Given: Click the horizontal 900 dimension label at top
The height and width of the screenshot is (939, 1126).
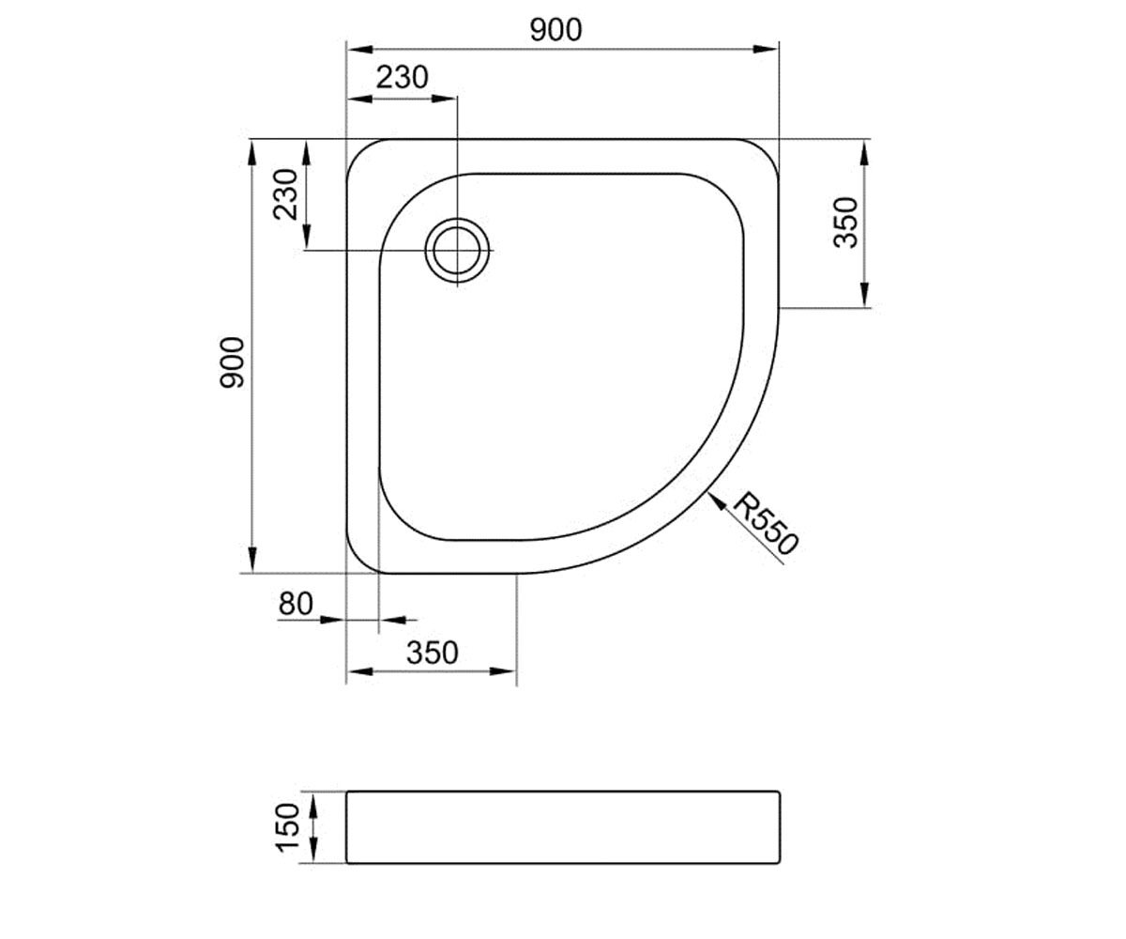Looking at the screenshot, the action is [x=556, y=30].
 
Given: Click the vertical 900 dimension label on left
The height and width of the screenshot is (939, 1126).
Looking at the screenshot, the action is [x=232, y=362].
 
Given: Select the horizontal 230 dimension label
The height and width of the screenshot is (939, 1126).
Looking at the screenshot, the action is [x=403, y=78].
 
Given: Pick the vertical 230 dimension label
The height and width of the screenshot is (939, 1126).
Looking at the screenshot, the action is [x=285, y=194].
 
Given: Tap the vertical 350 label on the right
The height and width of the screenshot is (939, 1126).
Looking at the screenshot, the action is [x=845, y=223].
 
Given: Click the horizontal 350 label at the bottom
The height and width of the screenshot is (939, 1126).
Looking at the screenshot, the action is [x=433, y=653].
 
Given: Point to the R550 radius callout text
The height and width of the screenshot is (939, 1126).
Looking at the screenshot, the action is [x=766, y=523].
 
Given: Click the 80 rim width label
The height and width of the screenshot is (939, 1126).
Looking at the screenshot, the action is [x=296, y=604].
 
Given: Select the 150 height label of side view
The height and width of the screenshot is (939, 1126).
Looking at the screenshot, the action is [x=287, y=828].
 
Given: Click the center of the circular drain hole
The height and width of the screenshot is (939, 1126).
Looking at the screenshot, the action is [x=457, y=251].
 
